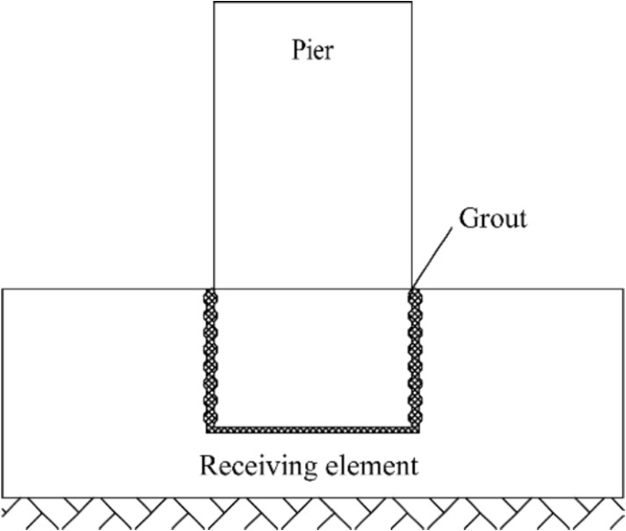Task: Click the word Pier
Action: pos(312,50)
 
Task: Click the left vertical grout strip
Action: pos(209,356)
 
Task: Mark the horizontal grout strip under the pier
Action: pos(312,428)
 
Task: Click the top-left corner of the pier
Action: pos(214,2)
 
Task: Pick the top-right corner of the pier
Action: pos(411,2)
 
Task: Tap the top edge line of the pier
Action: pos(312,2)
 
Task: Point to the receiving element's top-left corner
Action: pos(2,289)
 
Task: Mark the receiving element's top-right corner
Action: pos(623,289)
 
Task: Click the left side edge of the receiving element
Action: pos(2,393)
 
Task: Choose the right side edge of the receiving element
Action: pos(623,393)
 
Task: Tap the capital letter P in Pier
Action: pos(294,50)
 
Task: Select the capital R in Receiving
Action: pos(208,466)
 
